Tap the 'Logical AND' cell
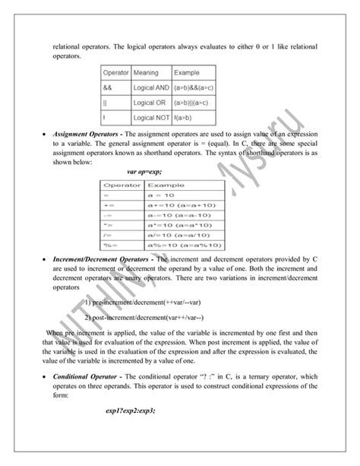coord(150,87)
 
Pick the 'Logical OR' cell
coord(148,103)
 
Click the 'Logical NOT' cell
coord(150,117)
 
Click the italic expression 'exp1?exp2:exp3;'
coord(131,411)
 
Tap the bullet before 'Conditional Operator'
coord(44,378)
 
